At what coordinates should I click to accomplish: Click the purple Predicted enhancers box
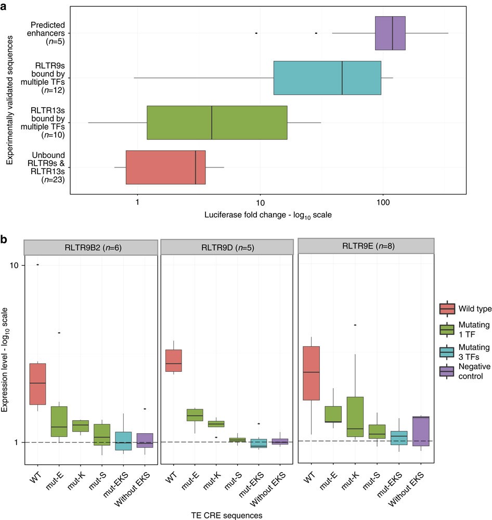[390, 33]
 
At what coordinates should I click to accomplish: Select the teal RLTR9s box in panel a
[327, 78]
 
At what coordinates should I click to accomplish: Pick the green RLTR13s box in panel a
[217, 123]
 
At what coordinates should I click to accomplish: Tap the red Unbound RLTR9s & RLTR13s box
[165, 167]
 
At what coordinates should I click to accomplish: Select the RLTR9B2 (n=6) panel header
[91, 247]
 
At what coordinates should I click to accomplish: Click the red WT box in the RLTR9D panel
[173, 360]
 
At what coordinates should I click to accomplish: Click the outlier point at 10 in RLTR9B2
[37, 265]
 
